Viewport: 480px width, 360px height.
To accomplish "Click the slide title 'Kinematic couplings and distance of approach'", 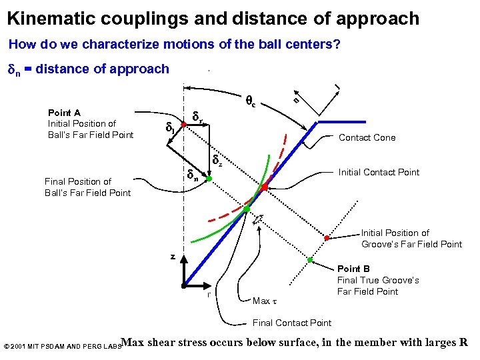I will [213, 18].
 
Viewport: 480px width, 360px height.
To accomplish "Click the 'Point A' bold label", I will [64, 113].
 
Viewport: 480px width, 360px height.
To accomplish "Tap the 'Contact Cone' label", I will [367, 138].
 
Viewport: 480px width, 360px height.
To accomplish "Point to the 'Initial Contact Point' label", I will [379, 173].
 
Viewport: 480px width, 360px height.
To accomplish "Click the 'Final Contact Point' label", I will [292, 323].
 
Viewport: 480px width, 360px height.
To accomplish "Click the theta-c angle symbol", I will [251, 102].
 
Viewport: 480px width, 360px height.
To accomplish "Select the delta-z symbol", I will [217, 160].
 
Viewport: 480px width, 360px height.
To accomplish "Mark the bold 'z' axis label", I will [172, 256].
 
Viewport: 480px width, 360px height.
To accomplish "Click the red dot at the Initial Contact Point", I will [264, 188].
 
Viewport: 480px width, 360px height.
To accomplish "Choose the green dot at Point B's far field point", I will [311, 259].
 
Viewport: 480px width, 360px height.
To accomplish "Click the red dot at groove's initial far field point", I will [327, 238].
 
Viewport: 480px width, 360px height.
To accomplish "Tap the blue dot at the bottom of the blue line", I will [184, 284].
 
